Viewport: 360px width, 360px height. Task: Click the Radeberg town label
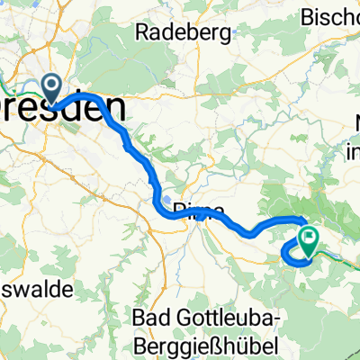(178, 32)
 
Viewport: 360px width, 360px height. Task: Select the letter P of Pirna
(175, 210)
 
